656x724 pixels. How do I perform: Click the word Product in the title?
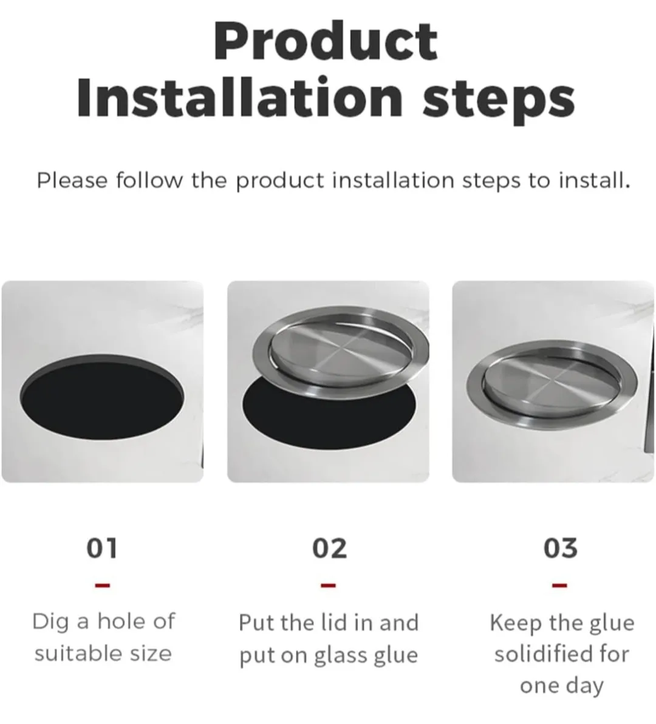pos(326,41)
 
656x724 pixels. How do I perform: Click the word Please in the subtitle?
pos(72,180)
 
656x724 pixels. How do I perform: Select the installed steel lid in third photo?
pos(552,380)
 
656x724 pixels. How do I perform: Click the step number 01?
pos(102,548)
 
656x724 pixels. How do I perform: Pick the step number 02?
pos(329,548)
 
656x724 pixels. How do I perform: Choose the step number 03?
pos(560,548)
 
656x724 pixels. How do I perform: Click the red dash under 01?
pos(103,586)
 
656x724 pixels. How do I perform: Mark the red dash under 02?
pos(328,586)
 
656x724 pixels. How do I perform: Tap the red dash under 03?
pos(559,586)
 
